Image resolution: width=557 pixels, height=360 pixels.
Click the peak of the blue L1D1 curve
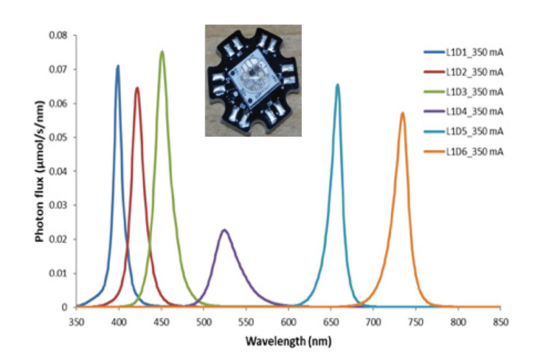(118, 66)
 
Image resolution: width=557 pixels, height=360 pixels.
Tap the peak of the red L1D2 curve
(137, 88)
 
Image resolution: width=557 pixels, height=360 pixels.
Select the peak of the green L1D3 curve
(162, 52)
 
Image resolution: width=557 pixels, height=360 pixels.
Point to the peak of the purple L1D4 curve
(224, 230)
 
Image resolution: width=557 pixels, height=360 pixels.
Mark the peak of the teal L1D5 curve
(337, 84)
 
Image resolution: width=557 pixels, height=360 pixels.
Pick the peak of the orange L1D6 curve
(403, 113)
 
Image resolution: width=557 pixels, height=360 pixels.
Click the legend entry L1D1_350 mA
(463, 52)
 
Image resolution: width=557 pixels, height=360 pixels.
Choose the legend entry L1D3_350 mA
(463, 92)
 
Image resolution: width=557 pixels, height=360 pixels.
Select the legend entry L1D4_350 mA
(463, 111)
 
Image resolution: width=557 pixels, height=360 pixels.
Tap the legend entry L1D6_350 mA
(463, 152)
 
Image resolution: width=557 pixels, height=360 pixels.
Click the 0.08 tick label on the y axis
(58, 35)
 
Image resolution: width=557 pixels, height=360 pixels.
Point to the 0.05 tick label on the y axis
(58, 138)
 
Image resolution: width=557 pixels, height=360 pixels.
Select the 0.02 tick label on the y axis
(58, 239)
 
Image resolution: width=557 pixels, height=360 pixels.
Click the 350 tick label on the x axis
(76, 322)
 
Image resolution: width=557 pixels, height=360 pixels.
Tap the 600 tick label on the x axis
(288, 322)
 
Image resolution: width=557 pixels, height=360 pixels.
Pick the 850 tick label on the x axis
(500, 322)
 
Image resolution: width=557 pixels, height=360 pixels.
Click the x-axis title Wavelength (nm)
(288, 341)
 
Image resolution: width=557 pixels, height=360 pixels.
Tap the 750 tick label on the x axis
(416, 322)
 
